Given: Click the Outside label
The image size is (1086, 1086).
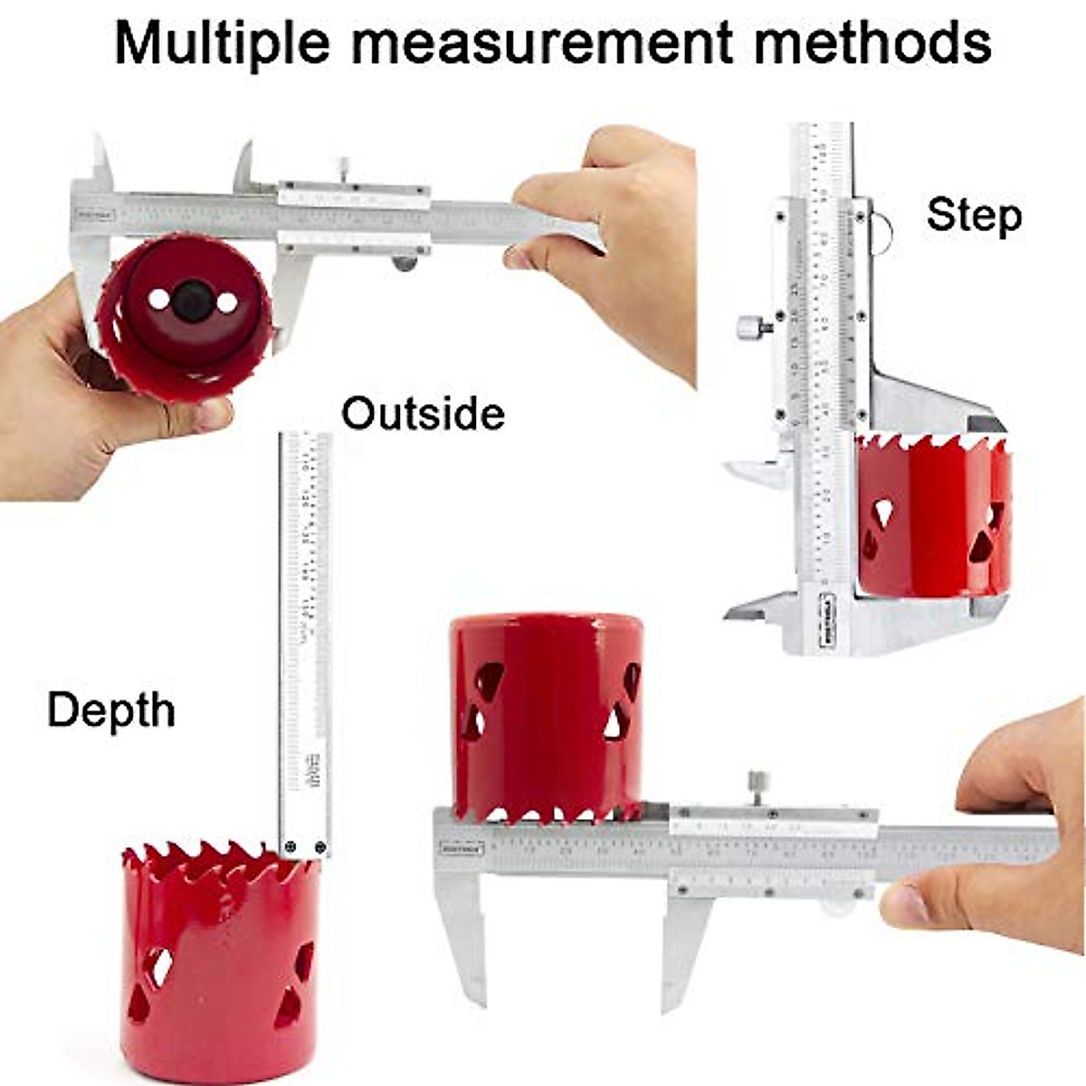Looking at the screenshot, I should [423, 414].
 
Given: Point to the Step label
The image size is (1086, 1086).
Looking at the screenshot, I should [974, 215].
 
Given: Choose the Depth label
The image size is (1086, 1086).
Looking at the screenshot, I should [110, 710].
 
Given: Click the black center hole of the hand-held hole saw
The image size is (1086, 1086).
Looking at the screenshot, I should [193, 300].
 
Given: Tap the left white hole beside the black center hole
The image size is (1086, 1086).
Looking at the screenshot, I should [159, 300].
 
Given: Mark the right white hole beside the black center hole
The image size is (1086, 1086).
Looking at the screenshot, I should [226, 301].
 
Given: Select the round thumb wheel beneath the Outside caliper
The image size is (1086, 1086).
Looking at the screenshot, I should [404, 263].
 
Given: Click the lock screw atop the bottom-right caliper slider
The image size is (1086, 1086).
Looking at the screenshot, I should [757, 784].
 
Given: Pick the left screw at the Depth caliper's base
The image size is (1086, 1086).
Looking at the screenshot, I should [290, 847].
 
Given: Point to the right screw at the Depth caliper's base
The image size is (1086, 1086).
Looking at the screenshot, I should [319, 847].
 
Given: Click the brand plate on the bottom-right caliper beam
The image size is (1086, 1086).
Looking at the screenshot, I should [462, 849].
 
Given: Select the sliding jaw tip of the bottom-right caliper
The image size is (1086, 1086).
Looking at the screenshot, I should [671, 1000].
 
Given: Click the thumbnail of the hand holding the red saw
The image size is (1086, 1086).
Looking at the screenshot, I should [215, 414].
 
